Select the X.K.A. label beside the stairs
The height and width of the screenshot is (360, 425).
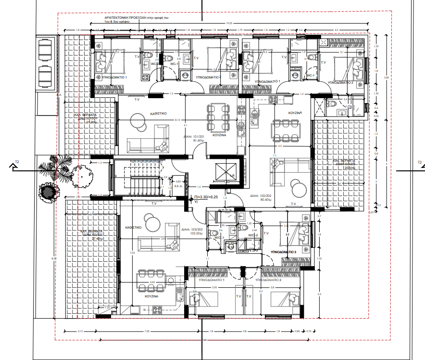pyautogui.click(x=177, y=186)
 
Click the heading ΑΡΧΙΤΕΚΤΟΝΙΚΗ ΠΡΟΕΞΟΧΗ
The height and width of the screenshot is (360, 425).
pyautogui.click(x=126, y=17)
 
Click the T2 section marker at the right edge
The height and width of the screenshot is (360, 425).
pyautogui.click(x=419, y=162)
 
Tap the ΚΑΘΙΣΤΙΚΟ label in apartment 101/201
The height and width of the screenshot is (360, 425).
pyautogui.click(x=158, y=114)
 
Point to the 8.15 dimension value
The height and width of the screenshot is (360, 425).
pyautogui.click(x=177, y=120)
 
